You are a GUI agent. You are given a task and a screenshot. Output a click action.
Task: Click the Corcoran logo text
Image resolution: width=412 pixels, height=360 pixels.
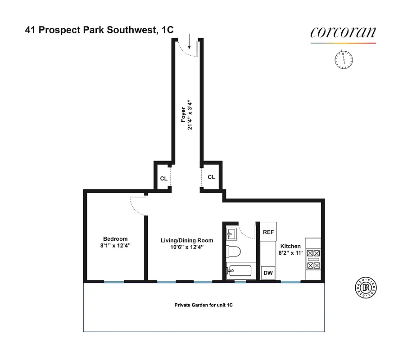coord(343,33)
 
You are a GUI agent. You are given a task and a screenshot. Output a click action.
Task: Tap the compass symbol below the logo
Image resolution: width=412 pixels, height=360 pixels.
coord(344,59)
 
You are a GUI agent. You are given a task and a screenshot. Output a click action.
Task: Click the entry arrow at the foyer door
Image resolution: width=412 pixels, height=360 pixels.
coord(190,42)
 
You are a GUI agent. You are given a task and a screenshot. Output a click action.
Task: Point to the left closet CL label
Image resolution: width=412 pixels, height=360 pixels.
coord(164,178)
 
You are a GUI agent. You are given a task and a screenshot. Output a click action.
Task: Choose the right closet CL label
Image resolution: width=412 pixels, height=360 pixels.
coord(211,177)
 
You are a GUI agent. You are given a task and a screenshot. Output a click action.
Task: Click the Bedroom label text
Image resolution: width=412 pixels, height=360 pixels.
coord(115,239)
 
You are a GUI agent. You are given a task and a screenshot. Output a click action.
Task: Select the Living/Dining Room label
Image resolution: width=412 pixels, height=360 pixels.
coord(187,241)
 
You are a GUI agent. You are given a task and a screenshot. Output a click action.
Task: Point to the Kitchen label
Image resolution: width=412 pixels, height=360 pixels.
coord(290,246)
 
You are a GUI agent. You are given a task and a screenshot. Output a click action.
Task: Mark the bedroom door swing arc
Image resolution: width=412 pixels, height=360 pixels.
coord(136,206)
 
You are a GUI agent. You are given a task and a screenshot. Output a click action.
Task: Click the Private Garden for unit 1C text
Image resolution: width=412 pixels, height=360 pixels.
coord(204,305)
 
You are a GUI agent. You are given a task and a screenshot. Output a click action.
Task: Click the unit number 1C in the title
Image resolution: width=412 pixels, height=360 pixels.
coord(168,31)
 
